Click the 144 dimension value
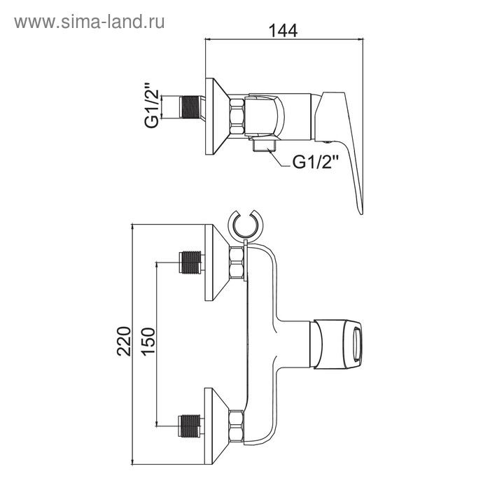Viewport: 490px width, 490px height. click(x=283, y=31)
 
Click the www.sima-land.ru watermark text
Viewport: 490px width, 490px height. click(x=89, y=22)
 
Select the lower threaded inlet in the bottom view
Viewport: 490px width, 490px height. click(x=189, y=422)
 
